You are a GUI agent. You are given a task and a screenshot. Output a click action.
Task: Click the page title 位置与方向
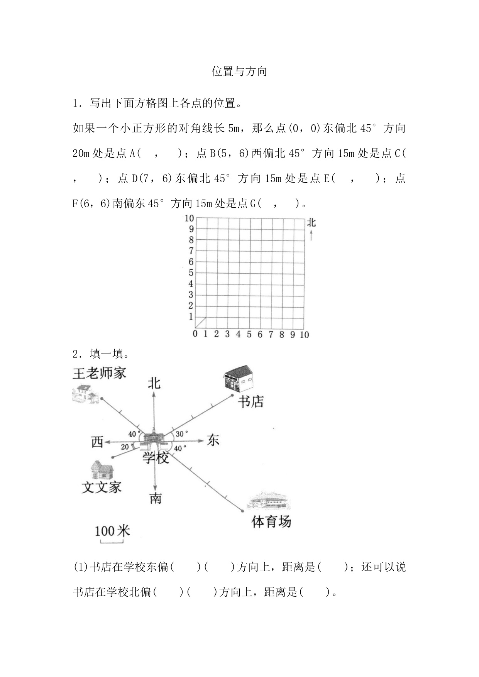pos(239,71)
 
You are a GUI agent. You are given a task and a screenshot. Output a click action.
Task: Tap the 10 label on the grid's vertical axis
pos(189,218)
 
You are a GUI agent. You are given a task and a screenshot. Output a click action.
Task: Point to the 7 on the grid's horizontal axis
pos(271,334)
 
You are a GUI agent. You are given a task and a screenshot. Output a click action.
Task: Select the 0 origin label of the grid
pos(195,334)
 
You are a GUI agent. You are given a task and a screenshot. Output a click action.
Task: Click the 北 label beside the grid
pos(311,223)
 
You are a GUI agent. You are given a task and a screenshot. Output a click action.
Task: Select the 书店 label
pos(251,402)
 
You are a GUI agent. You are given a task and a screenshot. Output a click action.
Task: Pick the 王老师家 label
pos(99,373)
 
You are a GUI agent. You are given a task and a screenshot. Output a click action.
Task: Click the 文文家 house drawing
pos(102,470)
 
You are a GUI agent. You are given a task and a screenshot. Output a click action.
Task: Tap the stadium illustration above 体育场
pos(269,502)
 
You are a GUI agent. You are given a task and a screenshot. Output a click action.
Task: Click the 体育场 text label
pos(271,522)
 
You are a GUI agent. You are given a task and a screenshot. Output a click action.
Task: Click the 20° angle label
pos(125,447)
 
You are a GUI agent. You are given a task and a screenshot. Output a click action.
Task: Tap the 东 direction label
pos(213,440)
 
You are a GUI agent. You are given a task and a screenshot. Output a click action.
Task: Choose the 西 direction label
pos(97,442)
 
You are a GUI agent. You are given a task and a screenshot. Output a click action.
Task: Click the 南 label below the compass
pos(155,499)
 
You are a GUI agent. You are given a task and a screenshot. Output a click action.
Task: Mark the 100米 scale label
pos(112,531)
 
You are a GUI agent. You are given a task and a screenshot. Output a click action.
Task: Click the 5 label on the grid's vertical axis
pos(191,273)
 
